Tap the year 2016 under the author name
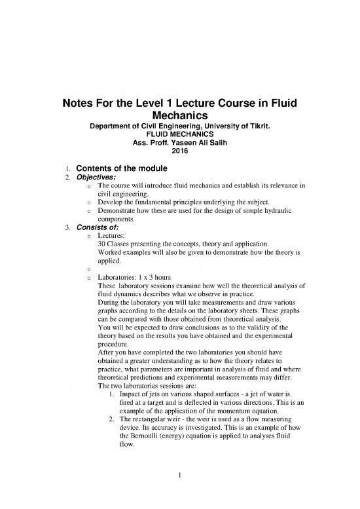[179, 152]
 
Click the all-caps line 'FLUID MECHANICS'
[179, 134]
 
